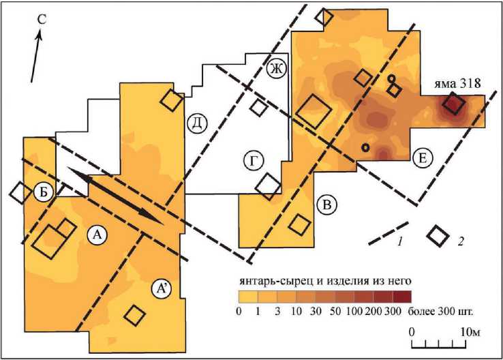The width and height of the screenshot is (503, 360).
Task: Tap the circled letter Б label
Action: pyautogui.click(x=44, y=192)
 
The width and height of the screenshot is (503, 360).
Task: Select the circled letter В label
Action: pyautogui.click(x=326, y=204)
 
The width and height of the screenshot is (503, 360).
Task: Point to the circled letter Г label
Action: pyautogui.click(x=254, y=161)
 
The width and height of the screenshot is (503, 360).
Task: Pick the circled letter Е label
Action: pyautogui.click(x=423, y=159)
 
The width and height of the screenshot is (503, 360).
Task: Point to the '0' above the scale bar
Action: pyautogui.click(x=412, y=331)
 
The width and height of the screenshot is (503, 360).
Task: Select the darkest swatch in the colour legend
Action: pyautogui.click(x=402, y=297)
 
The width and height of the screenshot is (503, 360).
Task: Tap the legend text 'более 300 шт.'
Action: pyautogui.click(x=441, y=312)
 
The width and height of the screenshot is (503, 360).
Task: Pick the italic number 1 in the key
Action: pyautogui.click(x=401, y=241)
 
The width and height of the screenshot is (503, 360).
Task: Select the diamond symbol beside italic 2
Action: pyautogui.click(x=438, y=235)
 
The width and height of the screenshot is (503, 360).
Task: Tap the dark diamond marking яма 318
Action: pyautogui.click(x=453, y=104)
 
